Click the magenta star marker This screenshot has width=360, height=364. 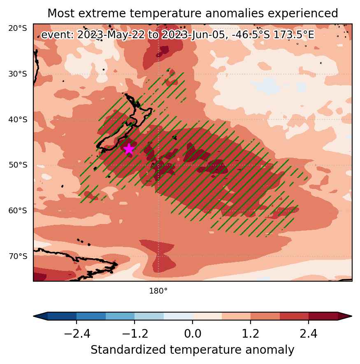pyautogui.click(x=129, y=149)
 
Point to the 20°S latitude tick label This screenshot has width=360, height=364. pyautogui.click(x=18, y=28)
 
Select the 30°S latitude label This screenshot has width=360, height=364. pyautogui.click(x=18, y=74)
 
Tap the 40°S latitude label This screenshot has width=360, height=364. pyautogui.click(x=18, y=120)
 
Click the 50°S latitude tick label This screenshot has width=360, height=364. pyautogui.click(x=18, y=165)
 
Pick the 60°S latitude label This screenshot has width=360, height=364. pyautogui.click(x=18, y=211)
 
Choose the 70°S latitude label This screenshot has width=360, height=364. pyautogui.click(x=18, y=257)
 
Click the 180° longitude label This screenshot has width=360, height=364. pyautogui.click(x=158, y=291)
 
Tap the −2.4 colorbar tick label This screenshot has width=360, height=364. pyautogui.click(x=77, y=334)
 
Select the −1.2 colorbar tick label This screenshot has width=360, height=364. pyautogui.click(x=135, y=334)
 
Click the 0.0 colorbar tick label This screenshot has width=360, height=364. pyautogui.click(x=193, y=334)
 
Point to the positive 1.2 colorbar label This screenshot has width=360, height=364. pyautogui.click(x=251, y=334)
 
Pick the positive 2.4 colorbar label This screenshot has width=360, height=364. pyautogui.click(x=309, y=334)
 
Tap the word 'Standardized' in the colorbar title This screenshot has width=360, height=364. pyautogui.click(x=128, y=350)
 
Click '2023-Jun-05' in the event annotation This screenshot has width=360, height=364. pyautogui.click(x=194, y=35)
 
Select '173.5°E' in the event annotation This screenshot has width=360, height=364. pyautogui.click(x=294, y=35)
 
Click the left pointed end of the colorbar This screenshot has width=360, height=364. pyautogui.click(x=34, y=316)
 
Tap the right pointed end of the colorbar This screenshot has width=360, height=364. pyautogui.click(x=352, y=316)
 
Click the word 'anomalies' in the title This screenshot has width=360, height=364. pyautogui.click(x=235, y=13)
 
